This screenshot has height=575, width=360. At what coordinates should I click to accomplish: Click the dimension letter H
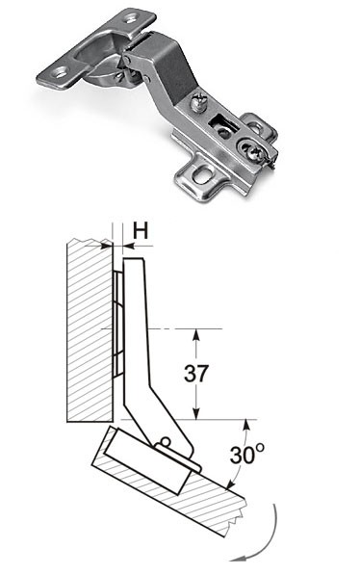click(x=141, y=231)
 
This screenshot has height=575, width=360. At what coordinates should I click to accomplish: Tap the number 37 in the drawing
click(x=196, y=374)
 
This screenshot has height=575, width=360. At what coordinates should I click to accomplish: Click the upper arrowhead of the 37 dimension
click(x=196, y=334)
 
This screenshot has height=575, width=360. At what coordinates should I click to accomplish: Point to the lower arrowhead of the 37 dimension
click(x=196, y=413)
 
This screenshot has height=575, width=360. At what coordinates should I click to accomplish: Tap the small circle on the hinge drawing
click(x=166, y=441)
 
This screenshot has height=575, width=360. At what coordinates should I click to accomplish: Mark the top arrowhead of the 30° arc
click(x=246, y=425)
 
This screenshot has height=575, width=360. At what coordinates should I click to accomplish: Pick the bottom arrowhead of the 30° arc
click(x=230, y=484)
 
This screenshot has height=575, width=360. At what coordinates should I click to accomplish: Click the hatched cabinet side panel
click(x=90, y=330)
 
